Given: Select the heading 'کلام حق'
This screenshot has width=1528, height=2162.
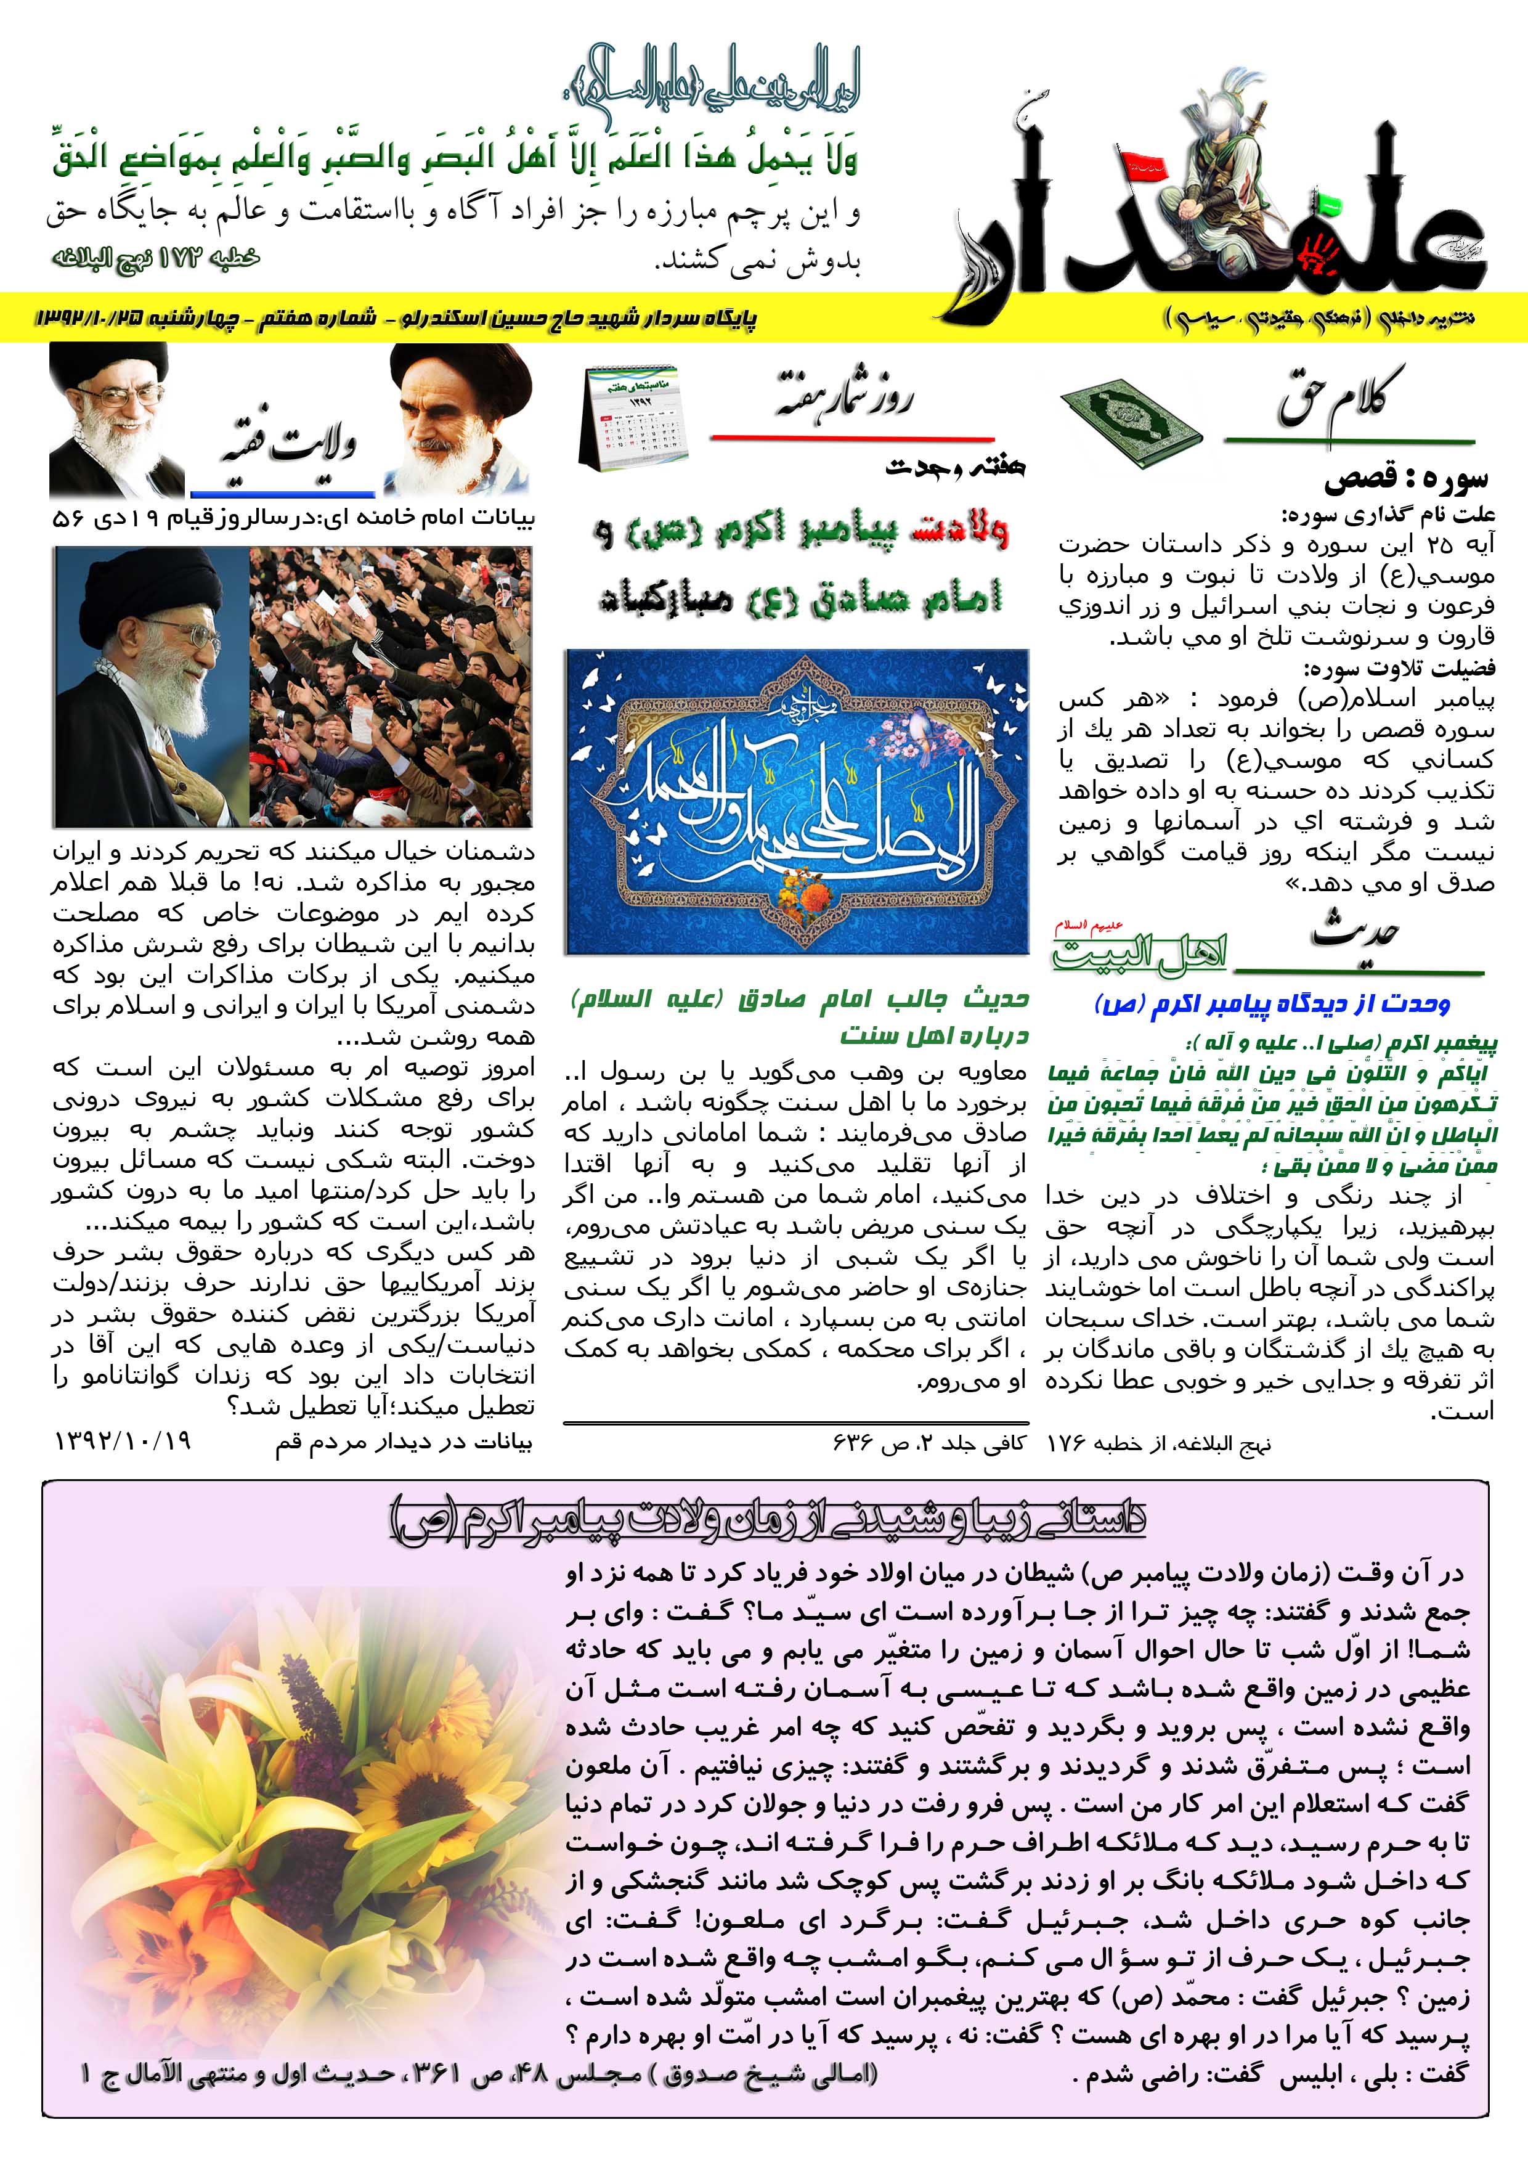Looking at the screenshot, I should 1341,400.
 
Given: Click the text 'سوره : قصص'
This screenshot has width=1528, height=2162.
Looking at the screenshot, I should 1405,481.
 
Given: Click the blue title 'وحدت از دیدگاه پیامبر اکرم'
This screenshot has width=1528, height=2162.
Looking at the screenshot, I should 1272,1004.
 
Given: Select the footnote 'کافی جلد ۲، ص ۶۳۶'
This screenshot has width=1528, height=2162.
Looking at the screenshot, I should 929,1442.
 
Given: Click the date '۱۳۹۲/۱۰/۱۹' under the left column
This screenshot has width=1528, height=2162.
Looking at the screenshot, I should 123,1441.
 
